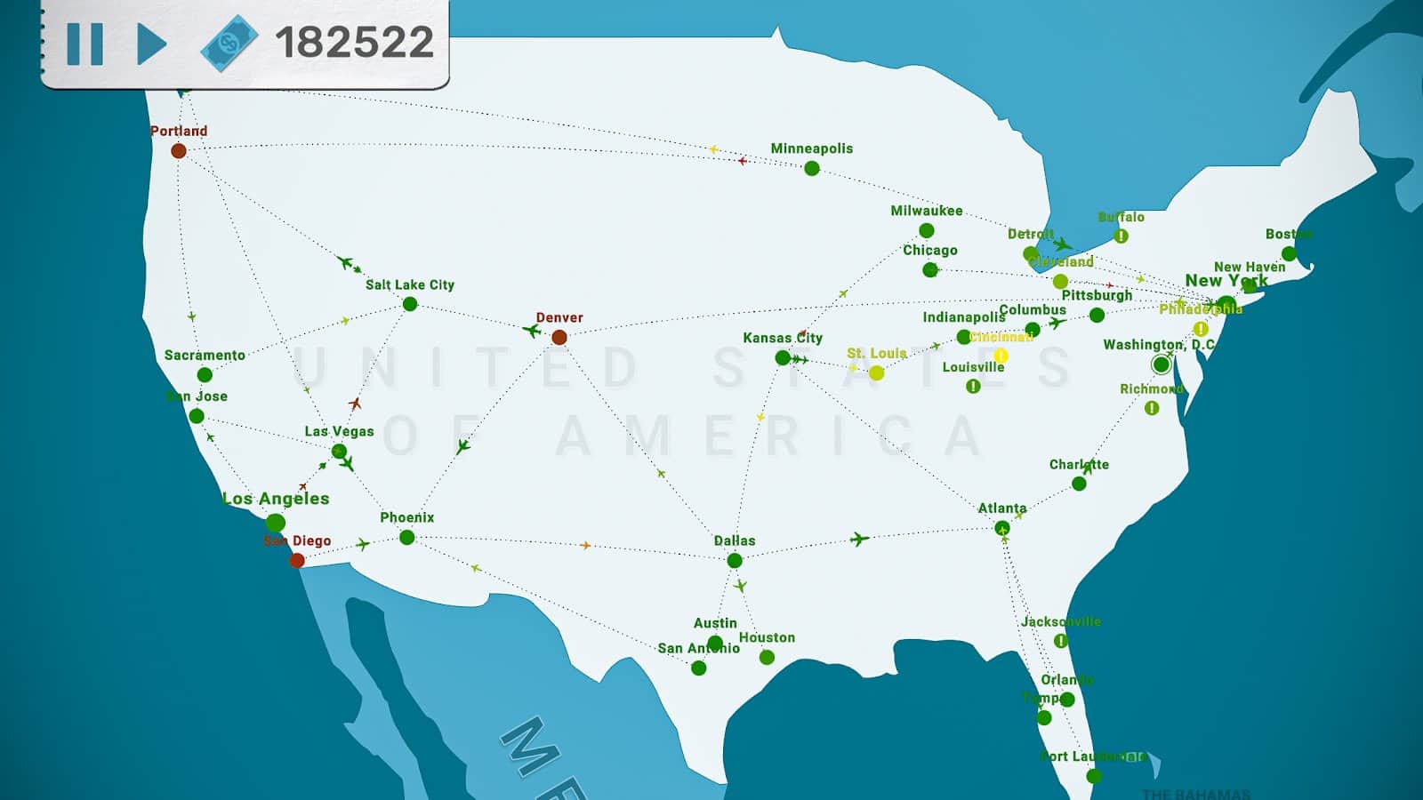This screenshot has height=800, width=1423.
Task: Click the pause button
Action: click(x=85, y=43)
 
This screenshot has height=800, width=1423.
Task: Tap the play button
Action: click(x=151, y=43)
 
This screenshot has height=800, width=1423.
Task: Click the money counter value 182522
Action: click(x=354, y=42)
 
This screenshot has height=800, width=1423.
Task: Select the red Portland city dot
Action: click(x=179, y=151)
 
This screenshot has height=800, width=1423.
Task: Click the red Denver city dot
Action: click(x=559, y=338)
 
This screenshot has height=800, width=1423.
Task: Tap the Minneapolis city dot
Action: click(x=812, y=168)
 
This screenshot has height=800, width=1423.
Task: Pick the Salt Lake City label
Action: click(x=410, y=284)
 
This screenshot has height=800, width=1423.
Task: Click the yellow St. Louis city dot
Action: click(x=877, y=372)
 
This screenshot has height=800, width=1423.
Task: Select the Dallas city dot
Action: click(x=735, y=560)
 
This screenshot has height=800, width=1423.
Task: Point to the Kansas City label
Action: click(x=783, y=338)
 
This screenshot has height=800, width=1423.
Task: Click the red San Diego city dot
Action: click(x=297, y=560)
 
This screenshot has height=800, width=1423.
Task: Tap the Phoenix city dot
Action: click(x=407, y=537)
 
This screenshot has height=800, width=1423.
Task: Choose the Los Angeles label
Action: click(x=276, y=499)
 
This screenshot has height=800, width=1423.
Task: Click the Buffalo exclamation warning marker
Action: click(x=1122, y=236)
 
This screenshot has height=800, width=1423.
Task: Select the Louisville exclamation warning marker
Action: click(x=973, y=387)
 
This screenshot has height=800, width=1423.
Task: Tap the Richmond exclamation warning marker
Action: click(x=1152, y=408)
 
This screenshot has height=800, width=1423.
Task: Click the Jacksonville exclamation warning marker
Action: click(x=1060, y=641)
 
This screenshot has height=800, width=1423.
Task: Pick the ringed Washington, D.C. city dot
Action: click(x=1161, y=364)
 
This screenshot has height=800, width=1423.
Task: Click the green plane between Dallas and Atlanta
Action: click(x=858, y=539)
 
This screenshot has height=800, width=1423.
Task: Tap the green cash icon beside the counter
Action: click(x=229, y=43)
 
